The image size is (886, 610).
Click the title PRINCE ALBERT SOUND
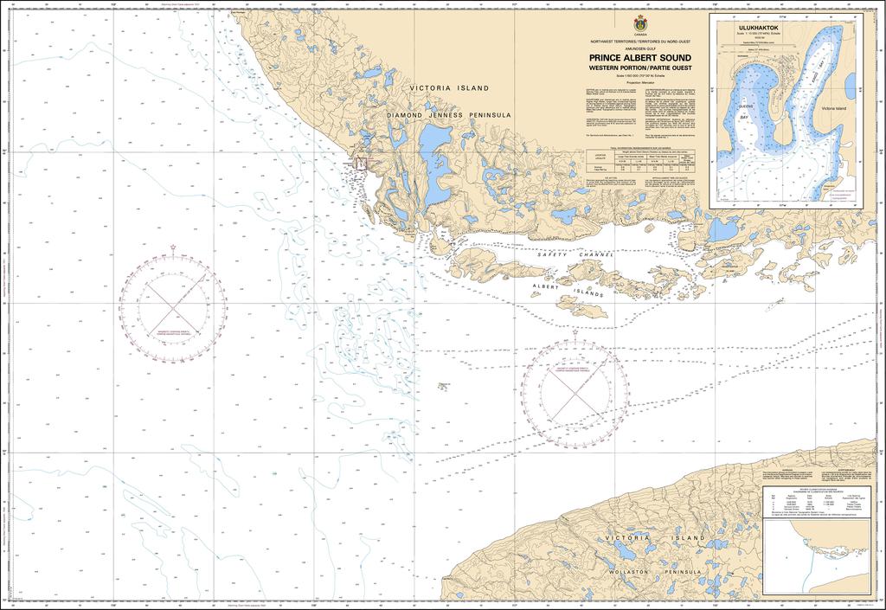[x=639, y=58]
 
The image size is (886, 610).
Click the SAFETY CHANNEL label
[x=575, y=255]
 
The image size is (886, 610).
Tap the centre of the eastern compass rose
[x=574, y=391]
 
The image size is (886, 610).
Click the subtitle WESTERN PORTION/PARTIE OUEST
[x=639, y=67]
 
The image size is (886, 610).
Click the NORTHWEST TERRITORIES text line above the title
[x=639, y=42]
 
